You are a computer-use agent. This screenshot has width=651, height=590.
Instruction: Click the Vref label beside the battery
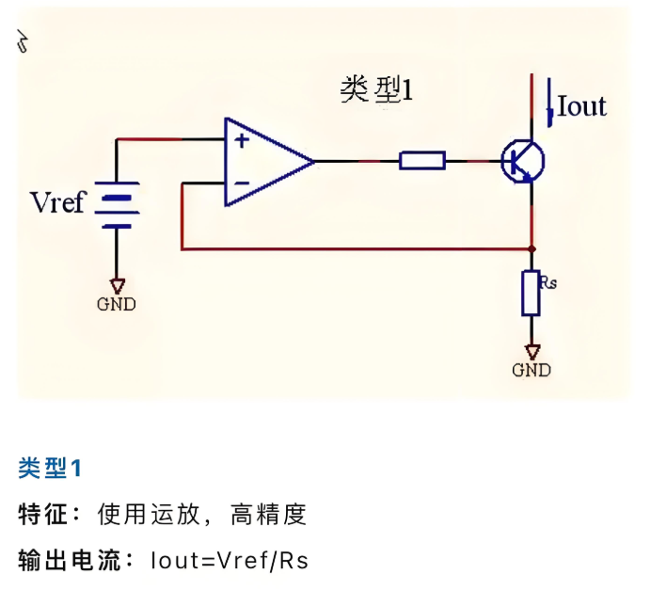point(57,202)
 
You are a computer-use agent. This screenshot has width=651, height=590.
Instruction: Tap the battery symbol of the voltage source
point(118,205)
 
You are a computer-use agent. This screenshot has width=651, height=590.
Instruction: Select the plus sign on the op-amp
point(242,141)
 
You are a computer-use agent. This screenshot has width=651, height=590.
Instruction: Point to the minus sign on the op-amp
point(242,182)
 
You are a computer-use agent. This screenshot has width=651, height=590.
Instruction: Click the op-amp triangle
point(264,162)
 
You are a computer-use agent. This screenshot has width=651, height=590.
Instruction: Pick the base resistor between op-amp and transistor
point(422,162)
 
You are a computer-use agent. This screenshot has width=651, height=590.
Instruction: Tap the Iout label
point(581,106)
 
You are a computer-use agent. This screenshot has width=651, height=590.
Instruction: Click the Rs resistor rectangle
point(532,293)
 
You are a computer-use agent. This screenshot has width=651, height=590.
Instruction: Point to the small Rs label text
point(550,279)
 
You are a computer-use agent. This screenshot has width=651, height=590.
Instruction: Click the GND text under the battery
point(117,304)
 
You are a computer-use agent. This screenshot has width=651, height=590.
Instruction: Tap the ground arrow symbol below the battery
point(117,284)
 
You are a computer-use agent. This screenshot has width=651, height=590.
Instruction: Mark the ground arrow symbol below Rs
point(532,351)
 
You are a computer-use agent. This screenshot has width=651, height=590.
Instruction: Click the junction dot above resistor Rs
point(532,249)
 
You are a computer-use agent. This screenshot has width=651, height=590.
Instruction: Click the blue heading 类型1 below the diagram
point(51,468)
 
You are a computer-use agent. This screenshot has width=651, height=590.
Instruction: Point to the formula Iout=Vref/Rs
point(229,561)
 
